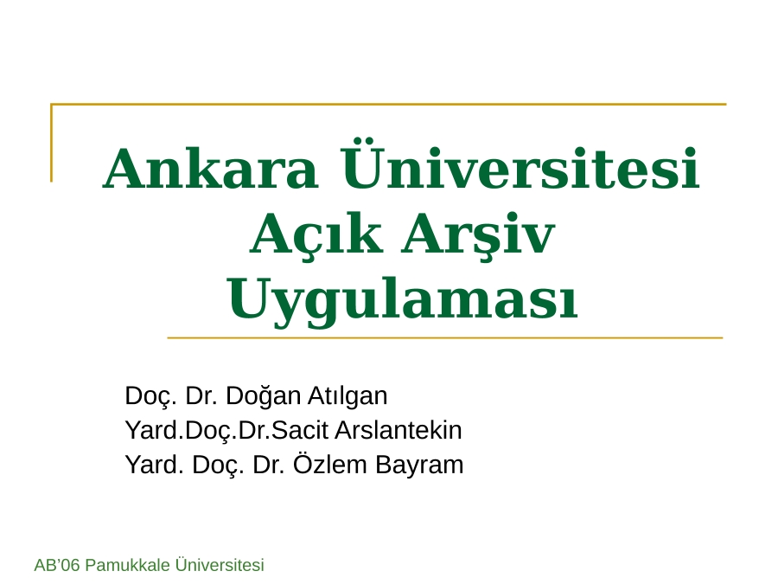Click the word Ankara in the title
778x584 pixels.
(210, 169)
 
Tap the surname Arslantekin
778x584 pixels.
(399, 430)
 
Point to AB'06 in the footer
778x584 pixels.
(56, 565)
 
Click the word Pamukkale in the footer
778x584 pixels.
(128, 565)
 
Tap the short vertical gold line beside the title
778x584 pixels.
(51, 143)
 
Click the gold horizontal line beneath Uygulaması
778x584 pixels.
(445, 337)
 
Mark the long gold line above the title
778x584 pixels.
(388, 105)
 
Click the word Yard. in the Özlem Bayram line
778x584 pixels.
(155, 465)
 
